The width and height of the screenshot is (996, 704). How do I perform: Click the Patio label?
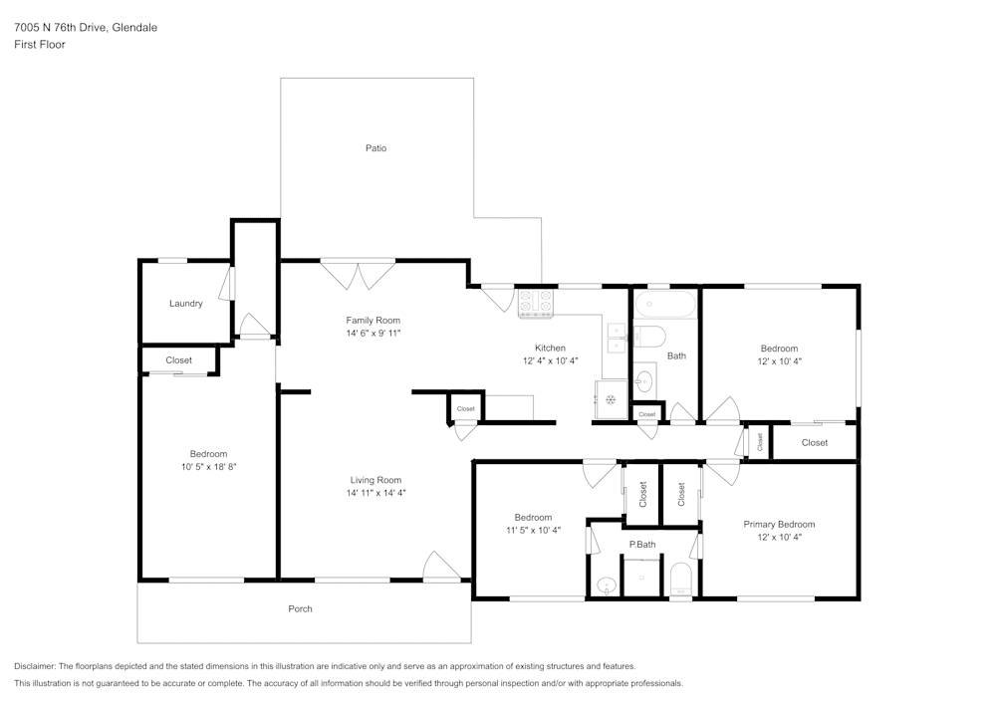coord(375,148)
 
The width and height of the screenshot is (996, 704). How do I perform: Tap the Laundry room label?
coord(185,304)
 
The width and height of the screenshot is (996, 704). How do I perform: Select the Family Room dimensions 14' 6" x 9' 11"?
coord(373,334)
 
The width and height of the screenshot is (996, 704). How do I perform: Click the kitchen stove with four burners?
coord(536,304)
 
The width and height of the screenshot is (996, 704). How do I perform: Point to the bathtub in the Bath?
coord(665,305)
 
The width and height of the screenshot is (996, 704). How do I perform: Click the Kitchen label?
coord(550,348)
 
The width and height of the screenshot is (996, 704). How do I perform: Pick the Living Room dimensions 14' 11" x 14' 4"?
coord(375,493)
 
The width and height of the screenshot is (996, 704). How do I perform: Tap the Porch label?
coord(300,608)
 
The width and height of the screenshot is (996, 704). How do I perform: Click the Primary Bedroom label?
coord(779,525)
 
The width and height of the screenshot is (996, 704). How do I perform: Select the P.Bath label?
coord(642,544)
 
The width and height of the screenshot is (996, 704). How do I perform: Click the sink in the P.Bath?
coord(607,586)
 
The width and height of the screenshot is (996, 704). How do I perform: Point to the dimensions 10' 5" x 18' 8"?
coord(208,467)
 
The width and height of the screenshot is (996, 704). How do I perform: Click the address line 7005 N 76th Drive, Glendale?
coord(86,27)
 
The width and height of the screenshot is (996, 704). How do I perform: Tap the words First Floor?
coord(40,45)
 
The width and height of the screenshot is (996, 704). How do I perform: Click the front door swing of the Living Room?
coord(441,566)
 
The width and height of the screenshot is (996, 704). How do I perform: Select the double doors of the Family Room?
coord(359,274)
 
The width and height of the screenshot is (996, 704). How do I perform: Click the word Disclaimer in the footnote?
coord(34,666)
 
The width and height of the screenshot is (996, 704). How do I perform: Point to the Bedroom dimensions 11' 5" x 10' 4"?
coord(533,530)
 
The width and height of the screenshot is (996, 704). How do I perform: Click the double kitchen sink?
coord(617,339)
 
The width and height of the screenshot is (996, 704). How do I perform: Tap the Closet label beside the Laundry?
coord(178,359)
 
